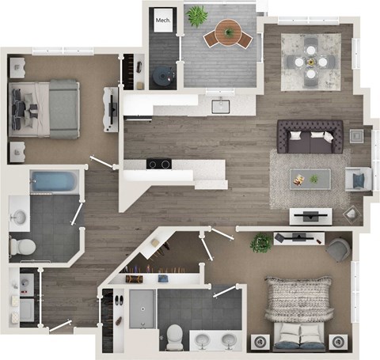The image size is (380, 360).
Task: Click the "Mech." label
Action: point(163,21)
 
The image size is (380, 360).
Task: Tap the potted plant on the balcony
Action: point(196,16)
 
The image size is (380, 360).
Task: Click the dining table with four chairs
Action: point(312,59)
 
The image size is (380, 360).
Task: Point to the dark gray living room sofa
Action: point(310,138)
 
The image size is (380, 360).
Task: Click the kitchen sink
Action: point(220,106)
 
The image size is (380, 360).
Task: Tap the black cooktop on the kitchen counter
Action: point(159,165)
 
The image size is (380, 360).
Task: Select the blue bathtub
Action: point(55,183)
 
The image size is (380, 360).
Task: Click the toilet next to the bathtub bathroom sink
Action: point(23,246)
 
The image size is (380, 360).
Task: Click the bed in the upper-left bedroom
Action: point(46,107)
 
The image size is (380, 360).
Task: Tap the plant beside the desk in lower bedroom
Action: point(261,243)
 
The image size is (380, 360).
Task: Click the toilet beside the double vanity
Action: point(173,336)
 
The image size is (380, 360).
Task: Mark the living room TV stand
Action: point(310,214)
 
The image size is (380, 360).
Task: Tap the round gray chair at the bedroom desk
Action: point(338,249)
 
